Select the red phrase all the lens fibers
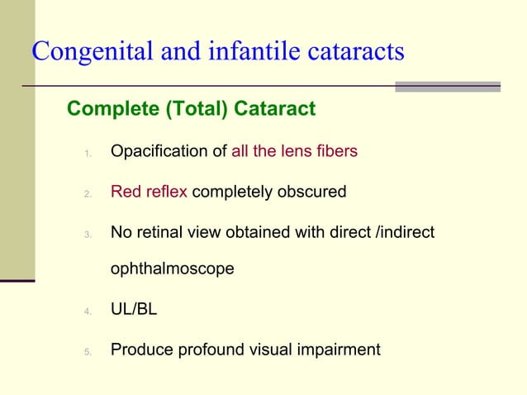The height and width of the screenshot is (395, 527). [x=294, y=152]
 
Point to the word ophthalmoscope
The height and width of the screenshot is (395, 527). [x=172, y=269]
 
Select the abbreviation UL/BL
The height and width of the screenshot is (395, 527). [x=134, y=310]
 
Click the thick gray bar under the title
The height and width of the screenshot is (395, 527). [x=447, y=86]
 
